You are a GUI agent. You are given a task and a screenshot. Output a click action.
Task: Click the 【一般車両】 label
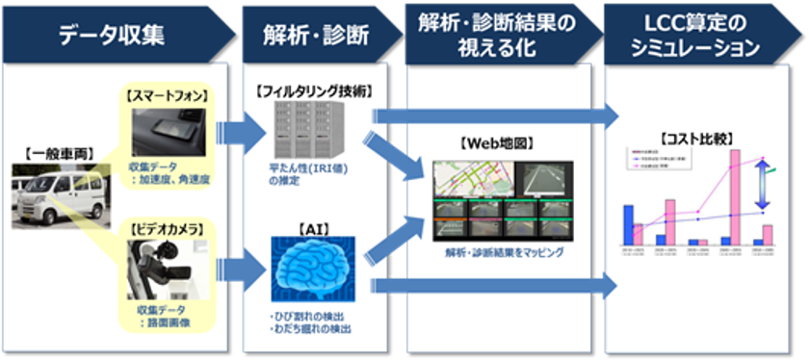[46, 151]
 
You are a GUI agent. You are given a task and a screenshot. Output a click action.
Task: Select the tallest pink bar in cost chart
[735, 197]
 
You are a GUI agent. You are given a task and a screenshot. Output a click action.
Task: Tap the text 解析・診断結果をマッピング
[497, 252]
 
